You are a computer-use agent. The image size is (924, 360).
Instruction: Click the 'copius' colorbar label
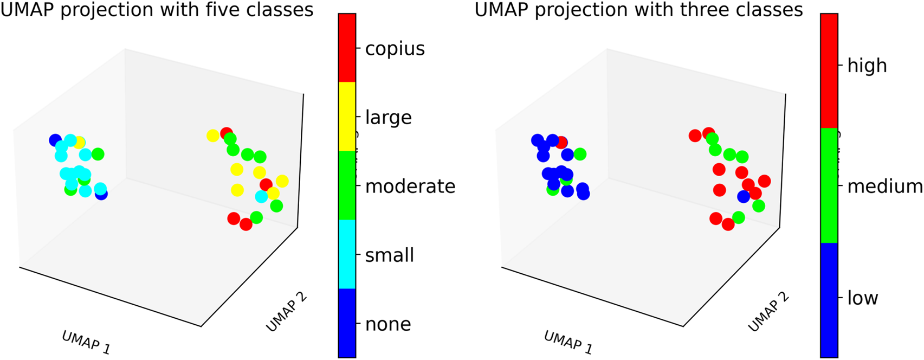pyautogui.click(x=395, y=49)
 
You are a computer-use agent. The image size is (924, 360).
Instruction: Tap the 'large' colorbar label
pyautogui.click(x=388, y=118)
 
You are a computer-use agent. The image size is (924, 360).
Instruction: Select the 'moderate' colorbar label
pyautogui.click(x=410, y=187)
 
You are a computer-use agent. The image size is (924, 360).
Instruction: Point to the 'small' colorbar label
pyautogui.click(x=389, y=255)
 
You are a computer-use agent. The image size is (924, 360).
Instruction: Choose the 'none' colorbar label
pyautogui.click(x=388, y=324)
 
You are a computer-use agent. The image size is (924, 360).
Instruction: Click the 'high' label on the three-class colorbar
pyautogui.click(x=867, y=66)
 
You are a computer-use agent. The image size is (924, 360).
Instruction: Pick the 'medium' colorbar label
pyautogui.click(x=884, y=187)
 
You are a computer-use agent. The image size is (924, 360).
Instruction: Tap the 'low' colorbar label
pyautogui.click(x=862, y=298)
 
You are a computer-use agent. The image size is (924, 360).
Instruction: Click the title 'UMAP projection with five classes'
pyautogui.click(x=157, y=10)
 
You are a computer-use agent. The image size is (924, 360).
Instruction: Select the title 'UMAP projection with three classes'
pyautogui.click(x=638, y=10)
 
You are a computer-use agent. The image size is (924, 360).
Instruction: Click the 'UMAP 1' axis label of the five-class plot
pyautogui.click(x=86, y=343)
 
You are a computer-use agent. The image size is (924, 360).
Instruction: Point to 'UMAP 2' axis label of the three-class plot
pyautogui.click(x=768, y=312)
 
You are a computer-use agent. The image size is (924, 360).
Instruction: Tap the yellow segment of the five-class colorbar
pyautogui.click(x=347, y=116)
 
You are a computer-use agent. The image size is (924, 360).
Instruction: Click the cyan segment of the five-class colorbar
pyautogui.click(x=347, y=254)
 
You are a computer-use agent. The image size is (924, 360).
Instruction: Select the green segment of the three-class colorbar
pyautogui.click(x=829, y=185)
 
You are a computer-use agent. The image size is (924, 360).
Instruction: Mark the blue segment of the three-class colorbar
pyautogui.click(x=829, y=300)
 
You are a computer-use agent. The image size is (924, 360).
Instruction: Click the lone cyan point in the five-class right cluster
pyautogui.click(x=261, y=196)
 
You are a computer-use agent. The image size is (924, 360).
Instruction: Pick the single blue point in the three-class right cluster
pyautogui.click(x=744, y=197)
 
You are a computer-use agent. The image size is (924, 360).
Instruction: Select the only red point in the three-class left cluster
pyautogui.click(x=561, y=143)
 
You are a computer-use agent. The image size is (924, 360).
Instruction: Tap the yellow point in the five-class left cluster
pyautogui.click(x=80, y=143)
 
